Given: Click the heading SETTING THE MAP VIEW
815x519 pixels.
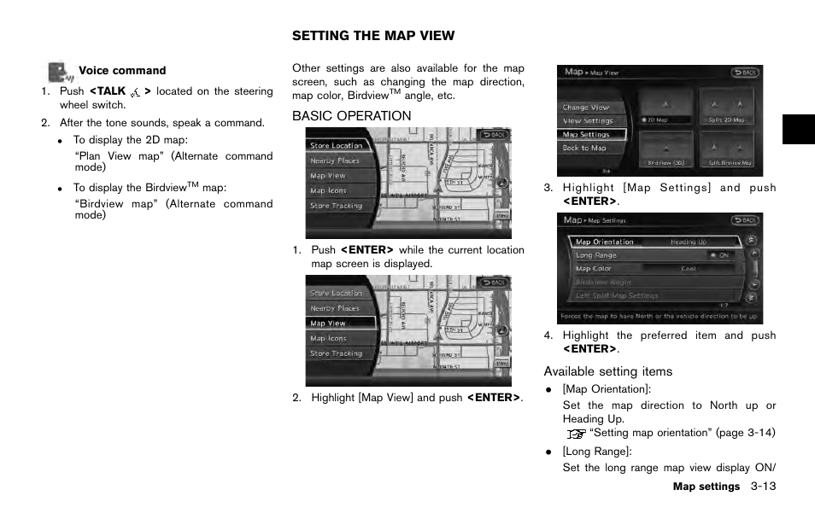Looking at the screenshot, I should click(373, 36).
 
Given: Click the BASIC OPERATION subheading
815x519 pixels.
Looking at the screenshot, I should click(351, 116).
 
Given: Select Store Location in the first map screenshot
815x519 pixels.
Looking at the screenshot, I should click(337, 146).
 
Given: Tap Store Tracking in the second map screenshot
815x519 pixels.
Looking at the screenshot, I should click(337, 353).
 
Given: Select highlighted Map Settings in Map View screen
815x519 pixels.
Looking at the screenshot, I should click(590, 135).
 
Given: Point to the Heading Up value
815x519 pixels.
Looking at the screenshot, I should click(689, 242).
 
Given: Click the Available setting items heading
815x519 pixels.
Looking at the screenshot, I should click(607, 371).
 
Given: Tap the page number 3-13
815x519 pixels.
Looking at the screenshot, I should click(763, 487).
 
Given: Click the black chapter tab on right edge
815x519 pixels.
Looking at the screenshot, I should click(798, 128).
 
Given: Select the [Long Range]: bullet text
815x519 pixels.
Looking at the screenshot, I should click(596, 452).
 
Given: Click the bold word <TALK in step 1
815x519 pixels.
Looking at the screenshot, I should click(108, 91).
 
